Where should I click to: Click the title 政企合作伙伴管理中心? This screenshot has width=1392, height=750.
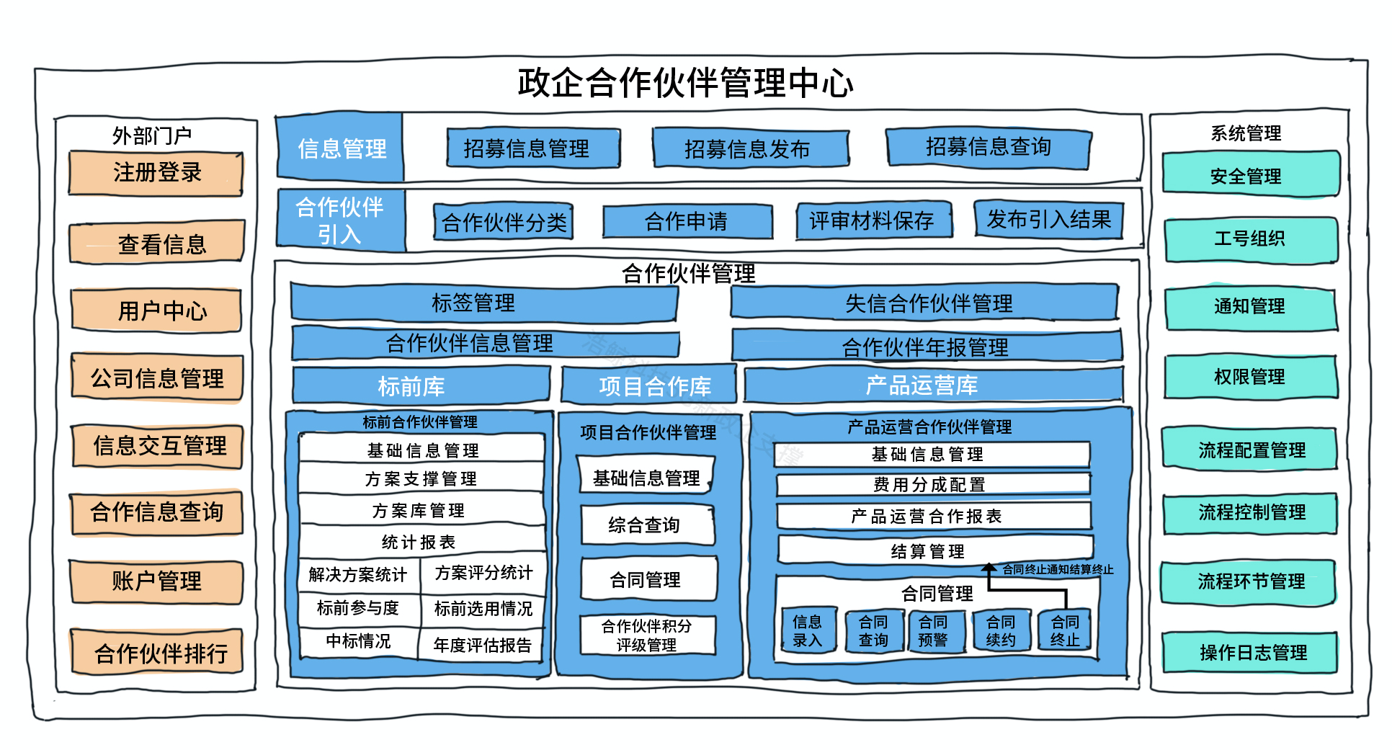[685, 83]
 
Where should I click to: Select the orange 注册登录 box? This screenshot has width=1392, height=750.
[156, 173]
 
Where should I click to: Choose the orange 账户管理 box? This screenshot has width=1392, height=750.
[156, 581]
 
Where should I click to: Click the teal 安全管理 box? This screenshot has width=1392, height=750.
[1250, 175]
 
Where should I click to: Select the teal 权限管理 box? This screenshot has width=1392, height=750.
[1250, 377]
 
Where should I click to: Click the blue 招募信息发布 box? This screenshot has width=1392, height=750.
[749, 148]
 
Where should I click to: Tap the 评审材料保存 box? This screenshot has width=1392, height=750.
[873, 220]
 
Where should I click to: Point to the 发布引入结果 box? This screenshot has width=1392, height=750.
[1048, 219]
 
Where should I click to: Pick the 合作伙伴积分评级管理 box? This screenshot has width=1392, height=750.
[647, 635]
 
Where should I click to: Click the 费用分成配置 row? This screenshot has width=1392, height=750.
[932, 484]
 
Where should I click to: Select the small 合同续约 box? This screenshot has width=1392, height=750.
[1001, 630]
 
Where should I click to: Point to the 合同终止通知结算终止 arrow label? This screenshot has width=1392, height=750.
[1057, 570]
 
